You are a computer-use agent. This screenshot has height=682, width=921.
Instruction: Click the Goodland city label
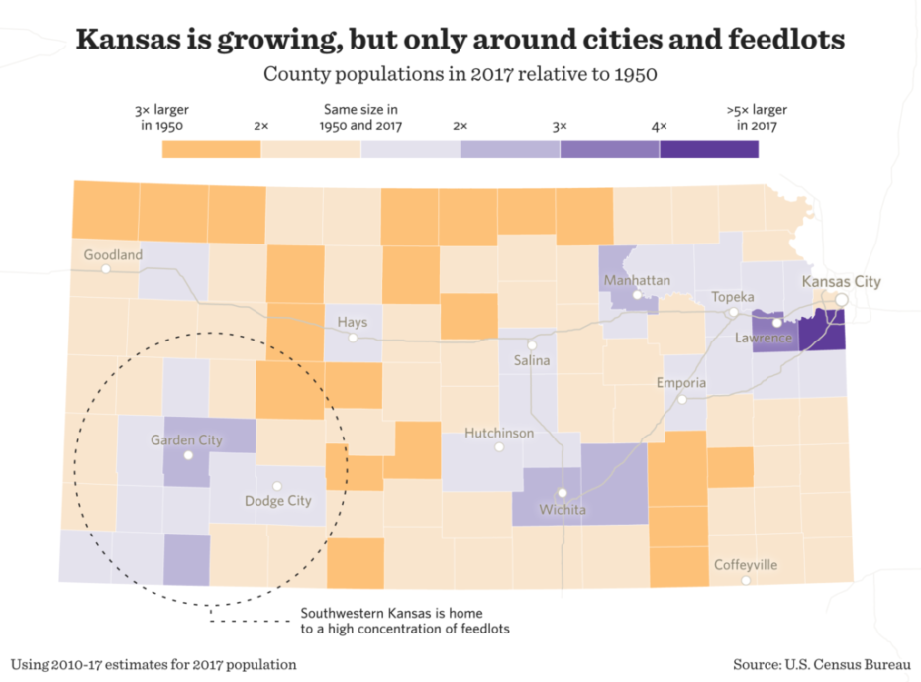[x=113, y=254]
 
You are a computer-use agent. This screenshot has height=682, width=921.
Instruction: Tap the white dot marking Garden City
[x=188, y=456]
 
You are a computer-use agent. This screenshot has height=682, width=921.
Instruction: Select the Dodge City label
[x=278, y=500]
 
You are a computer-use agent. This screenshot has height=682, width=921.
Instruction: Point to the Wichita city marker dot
[x=562, y=492]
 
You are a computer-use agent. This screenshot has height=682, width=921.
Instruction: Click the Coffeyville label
[x=746, y=565]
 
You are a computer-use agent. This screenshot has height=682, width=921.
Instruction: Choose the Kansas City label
[x=841, y=281]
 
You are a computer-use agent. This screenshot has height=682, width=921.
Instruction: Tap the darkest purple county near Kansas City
[x=822, y=330]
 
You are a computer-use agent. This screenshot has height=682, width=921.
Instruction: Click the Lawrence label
[x=764, y=339]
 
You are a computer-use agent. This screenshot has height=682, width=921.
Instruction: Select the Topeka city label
[x=733, y=297]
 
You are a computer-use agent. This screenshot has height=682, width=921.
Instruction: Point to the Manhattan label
[x=637, y=281]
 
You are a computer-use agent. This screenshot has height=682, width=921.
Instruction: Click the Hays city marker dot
[x=353, y=338]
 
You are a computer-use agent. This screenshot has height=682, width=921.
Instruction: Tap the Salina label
[x=532, y=360]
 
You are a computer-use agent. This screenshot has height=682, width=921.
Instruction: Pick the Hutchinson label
[x=499, y=433]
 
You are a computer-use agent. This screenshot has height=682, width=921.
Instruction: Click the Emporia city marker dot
[x=682, y=399]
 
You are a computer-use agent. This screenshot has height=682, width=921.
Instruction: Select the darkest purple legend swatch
[x=709, y=148]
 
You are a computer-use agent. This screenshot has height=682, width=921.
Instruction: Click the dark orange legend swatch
[x=211, y=148]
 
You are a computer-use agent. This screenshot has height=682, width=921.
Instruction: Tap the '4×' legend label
[x=659, y=126]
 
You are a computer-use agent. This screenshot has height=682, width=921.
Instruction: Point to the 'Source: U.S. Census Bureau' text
[x=821, y=664]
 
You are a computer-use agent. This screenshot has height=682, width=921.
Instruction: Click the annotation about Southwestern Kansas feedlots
[x=405, y=619]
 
